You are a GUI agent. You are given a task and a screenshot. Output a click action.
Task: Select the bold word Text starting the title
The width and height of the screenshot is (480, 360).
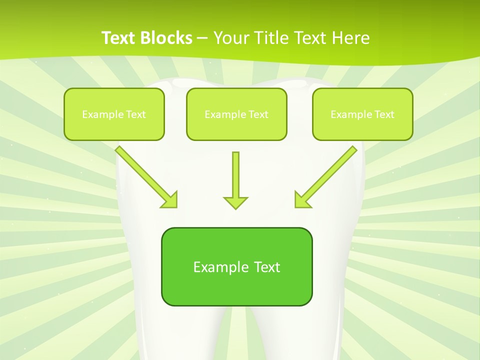(x=119, y=38)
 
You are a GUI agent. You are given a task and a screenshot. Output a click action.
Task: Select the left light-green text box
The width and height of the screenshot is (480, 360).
(x=114, y=114)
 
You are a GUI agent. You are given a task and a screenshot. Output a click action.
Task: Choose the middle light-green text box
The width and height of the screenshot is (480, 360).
(x=236, y=114)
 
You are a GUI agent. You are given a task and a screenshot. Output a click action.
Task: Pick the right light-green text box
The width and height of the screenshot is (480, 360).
(x=362, y=114)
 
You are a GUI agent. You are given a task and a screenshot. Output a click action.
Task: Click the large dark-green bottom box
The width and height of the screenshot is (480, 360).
(x=236, y=266)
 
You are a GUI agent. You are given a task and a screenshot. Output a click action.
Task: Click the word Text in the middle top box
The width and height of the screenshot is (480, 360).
(x=258, y=114)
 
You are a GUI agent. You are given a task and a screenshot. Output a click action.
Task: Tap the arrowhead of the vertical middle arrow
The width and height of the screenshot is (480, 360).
(x=235, y=202)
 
